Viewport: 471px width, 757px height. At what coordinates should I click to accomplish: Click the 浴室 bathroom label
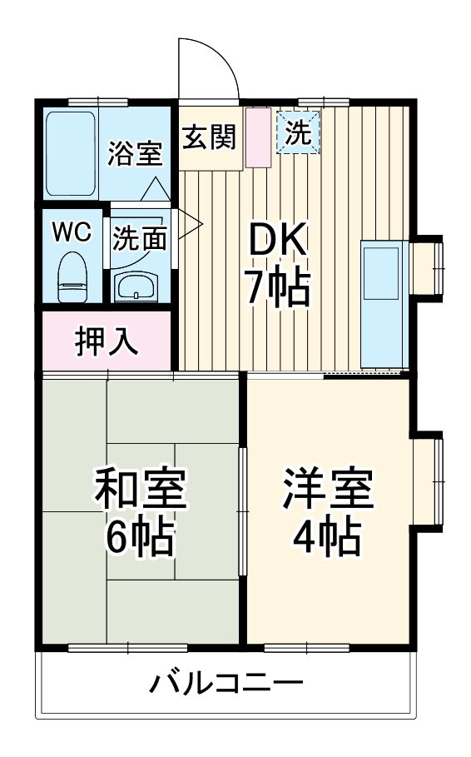135,154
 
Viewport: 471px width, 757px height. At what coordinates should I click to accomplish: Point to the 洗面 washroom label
139,239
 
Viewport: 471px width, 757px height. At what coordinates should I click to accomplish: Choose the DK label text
279,242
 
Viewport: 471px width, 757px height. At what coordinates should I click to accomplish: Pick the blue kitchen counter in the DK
384,304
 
